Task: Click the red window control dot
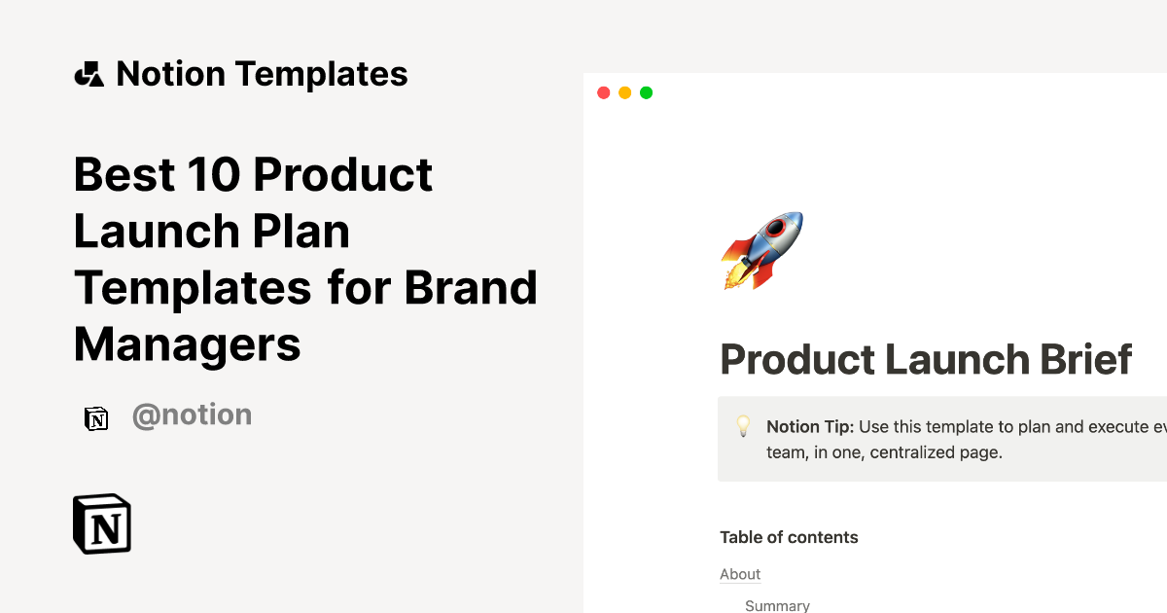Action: [x=603, y=92]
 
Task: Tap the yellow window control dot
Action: [x=624, y=92]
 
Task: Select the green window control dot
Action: [x=646, y=92]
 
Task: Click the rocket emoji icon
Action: [x=761, y=250]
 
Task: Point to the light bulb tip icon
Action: [x=743, y=426]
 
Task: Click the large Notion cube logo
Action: [x=102, y=523]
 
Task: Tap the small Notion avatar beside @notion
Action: [x=96, y=417]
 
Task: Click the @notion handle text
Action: [x=192, y=415]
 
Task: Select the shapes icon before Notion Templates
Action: [x=88, y=74]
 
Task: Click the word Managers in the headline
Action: [x=187, y=344]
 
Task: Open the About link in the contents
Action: [x=740, y=574]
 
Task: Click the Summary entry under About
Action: [x=777, y=605]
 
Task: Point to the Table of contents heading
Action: [x=789, y=537]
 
